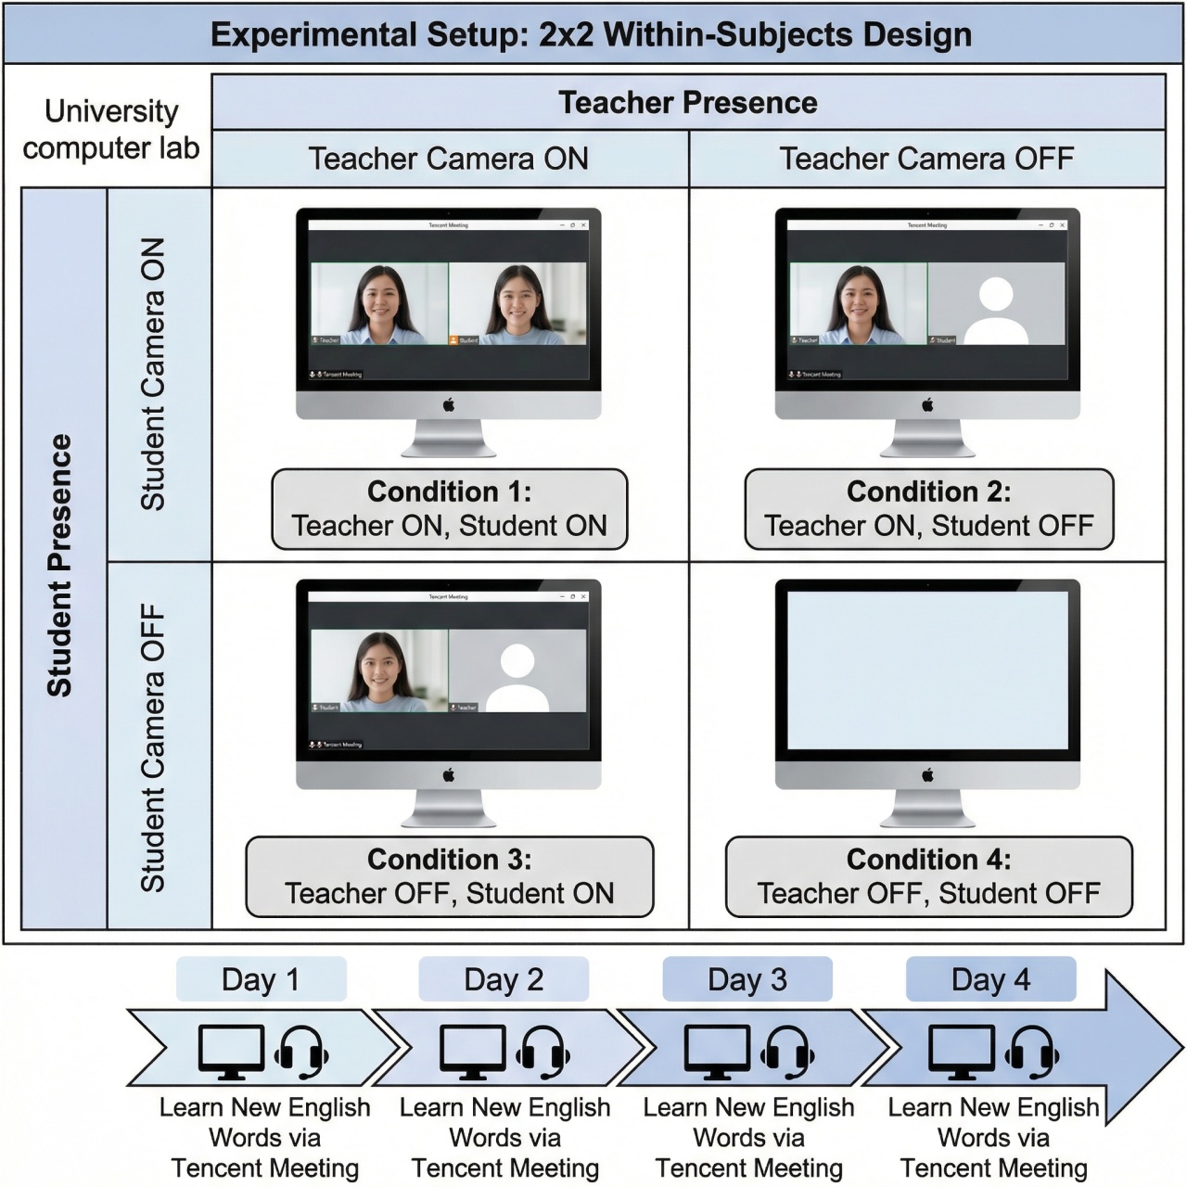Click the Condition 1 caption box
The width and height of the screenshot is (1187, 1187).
(x=449, y=509)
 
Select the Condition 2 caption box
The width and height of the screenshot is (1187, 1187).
(x=928, y=509)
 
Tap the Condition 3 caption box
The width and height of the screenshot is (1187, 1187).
(x=449, y=876)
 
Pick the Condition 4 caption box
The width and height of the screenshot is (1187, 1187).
(x=928, y=876)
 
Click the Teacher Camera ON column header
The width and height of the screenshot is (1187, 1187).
(x=449, y=159)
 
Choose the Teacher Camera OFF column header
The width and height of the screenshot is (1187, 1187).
(x=926, y=159)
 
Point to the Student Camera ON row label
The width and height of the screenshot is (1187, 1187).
(x=153, y=374)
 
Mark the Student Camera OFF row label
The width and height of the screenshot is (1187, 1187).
(x=153, y=747)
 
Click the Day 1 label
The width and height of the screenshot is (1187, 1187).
(x=261, y=979)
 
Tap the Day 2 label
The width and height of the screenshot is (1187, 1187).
(x=504, y=979)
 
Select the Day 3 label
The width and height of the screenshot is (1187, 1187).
(x=747, y=979)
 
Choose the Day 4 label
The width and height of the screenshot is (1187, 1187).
(x=990, y=979)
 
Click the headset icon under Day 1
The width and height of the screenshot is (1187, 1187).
(x=302, y=1053)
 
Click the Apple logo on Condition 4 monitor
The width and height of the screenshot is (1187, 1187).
(x=927, y=775)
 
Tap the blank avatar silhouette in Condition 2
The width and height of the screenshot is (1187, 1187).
(x=996, y=312)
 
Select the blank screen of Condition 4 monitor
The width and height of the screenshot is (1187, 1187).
(x=927, y=670)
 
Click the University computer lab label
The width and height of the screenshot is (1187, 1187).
(x=111, y=130)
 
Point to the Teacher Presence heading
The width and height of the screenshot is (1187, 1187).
(x=688, y=103)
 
